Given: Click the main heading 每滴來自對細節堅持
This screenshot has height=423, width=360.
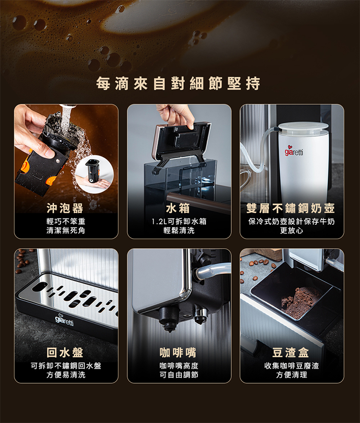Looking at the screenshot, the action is point(178,84).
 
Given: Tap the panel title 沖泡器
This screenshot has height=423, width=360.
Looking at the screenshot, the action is point(65,208).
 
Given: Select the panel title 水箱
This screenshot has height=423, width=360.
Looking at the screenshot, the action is point(178,208).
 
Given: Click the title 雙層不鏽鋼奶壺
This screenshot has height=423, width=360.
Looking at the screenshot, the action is point(291,208).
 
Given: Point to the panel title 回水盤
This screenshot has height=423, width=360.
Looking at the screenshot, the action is point(65,352).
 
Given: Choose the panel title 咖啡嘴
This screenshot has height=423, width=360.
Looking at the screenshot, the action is point(178,352).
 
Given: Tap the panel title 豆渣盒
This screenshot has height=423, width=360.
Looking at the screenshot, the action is point(291,352).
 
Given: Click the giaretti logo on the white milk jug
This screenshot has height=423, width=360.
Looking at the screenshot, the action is point(294,152).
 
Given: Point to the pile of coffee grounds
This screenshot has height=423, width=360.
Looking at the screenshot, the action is point(300,302).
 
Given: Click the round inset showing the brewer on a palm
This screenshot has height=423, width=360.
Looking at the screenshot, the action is point(95,174).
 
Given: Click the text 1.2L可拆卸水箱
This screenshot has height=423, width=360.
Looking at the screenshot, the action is point(179,221).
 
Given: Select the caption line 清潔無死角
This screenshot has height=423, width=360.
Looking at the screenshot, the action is point(66,230).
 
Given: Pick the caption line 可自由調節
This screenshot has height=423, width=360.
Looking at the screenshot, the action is point(179,375).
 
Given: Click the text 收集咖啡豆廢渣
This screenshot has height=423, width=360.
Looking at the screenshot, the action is point(292,366).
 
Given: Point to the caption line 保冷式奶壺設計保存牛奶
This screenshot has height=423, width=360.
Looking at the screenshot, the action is point(292,221).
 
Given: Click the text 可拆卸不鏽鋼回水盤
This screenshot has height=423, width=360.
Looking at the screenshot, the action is point(66,366).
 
